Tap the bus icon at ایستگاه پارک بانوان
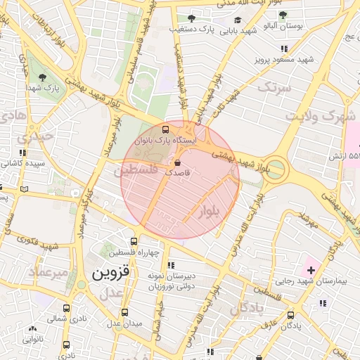coord(166,129)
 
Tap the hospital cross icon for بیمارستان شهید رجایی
coord(311,270)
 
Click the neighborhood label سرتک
coord(274,88)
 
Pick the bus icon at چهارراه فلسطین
coord(134,241)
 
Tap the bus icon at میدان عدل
coord(124,312)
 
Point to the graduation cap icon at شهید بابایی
coord(238,20)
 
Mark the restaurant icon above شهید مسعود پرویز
coord(284,49)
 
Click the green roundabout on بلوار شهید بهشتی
coord(276,169)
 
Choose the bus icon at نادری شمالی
coord(67,308)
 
